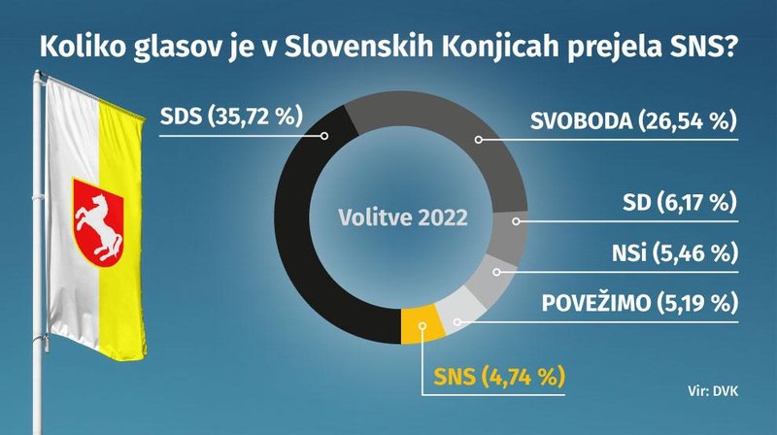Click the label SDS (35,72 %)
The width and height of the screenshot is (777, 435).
click(231, 117)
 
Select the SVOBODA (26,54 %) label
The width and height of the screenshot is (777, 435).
click(634, 121)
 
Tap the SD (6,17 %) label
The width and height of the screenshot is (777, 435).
click(680, 203)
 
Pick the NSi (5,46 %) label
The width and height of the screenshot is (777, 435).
click(675, 253)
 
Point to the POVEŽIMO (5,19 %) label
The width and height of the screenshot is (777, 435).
click(640, 303)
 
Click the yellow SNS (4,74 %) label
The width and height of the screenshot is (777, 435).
click(499, 377)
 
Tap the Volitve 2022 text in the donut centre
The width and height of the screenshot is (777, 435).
click(403, 217)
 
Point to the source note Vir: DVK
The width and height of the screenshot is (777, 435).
click(713, 391)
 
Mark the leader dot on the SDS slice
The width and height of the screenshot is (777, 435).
click(324, 135)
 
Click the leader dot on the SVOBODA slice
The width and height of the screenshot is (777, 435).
click(478, 140)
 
